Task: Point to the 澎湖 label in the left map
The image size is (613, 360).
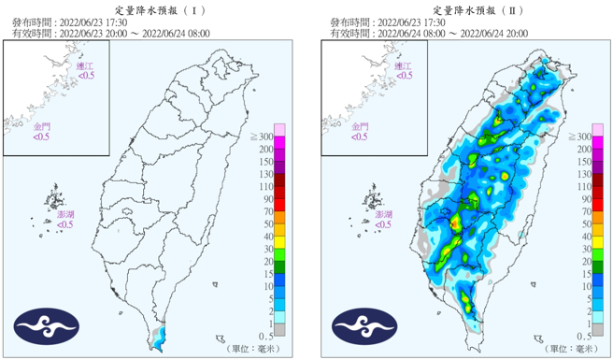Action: pyautogui.click(x=64, y=214)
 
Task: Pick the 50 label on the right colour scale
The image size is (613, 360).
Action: pyautogui.click(x=586, y=224)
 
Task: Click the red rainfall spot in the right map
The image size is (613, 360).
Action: pyautogui.click(x=455, y=224)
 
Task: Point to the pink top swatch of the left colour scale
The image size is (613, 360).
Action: pyautogui.click(x=278, y=128)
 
